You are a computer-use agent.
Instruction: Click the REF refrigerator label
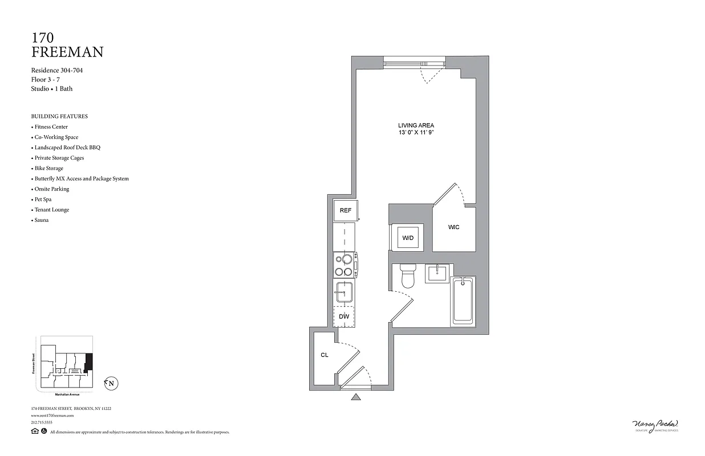[x=345, y=210]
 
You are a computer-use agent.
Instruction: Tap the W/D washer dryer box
[x=408, y=238]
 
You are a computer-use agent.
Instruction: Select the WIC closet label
[x=453, y=227]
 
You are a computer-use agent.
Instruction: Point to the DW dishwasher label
[x=344, y=316]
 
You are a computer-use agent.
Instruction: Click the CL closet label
[x=325, y=355]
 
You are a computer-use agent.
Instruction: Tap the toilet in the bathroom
[x=408, y=276]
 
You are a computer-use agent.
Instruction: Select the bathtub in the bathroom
[x=463, y=302]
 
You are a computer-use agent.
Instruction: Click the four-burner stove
[x=345, y=265]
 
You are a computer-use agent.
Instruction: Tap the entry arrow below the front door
[x=356, y=397]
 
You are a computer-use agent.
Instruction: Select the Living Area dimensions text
[x=416, y=132]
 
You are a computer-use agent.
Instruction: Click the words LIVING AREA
[x=416, y=125]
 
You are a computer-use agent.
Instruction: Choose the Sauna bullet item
[x=42, y=220]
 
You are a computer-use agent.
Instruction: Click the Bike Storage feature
[x=49, y=168]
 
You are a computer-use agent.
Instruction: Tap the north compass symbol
[x=111, y=384]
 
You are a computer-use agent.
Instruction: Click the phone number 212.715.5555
[x=42, y=422]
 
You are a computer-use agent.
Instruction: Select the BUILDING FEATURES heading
[x=59, y=116]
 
